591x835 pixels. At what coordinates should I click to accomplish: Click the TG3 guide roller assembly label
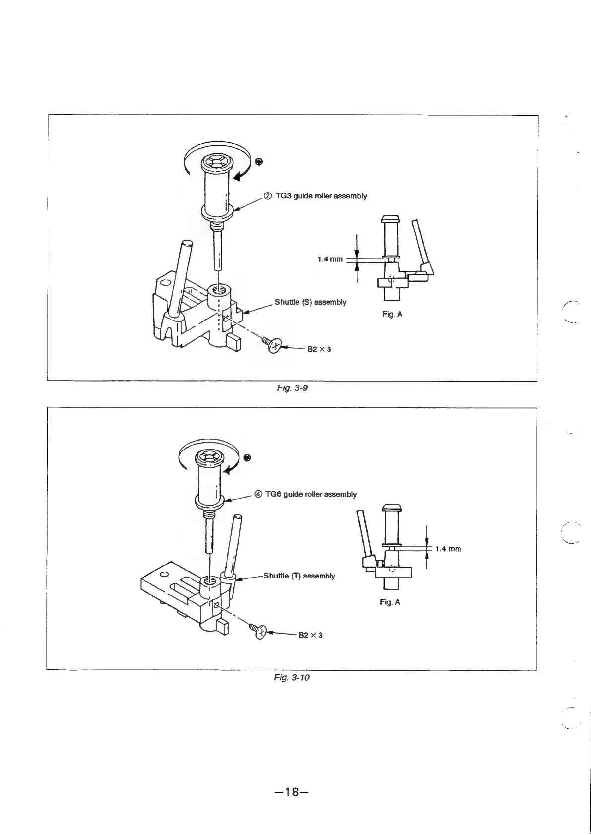321,196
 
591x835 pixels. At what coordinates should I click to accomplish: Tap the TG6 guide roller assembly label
311,494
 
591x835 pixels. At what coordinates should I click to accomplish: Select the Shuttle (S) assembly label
311,302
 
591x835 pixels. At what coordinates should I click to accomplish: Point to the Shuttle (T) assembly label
299,576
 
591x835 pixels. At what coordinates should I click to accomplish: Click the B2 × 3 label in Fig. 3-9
319,349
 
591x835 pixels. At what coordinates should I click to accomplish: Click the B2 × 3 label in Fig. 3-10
310,635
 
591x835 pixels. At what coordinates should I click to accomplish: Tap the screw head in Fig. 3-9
274,347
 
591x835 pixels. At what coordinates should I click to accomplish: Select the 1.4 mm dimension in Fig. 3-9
330,259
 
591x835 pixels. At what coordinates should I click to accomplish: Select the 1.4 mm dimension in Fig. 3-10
448,549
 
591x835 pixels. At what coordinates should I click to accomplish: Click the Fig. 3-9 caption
292,388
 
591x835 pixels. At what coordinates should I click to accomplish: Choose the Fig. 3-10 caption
292,677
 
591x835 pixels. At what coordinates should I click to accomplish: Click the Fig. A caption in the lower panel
390,602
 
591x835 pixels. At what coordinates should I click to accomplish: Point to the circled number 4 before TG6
258,494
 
